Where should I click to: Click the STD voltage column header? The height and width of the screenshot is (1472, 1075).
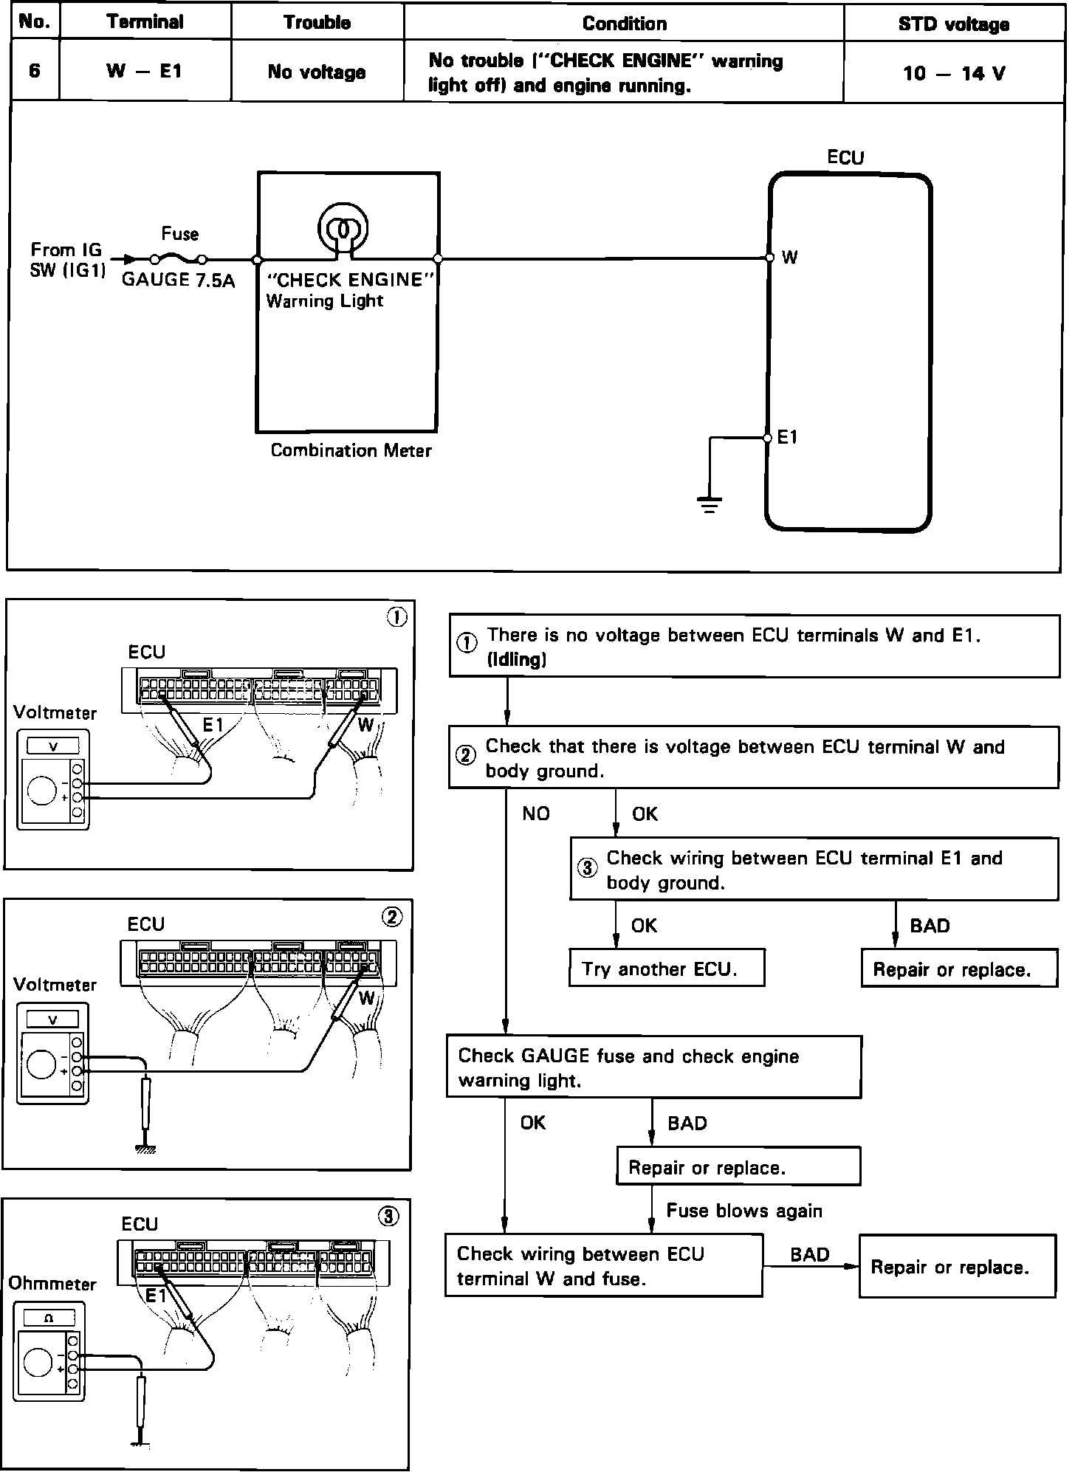(953, 24)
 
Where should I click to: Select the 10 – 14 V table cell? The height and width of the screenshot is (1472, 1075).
(953, 73)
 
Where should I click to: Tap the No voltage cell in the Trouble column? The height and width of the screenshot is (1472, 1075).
(317, 72)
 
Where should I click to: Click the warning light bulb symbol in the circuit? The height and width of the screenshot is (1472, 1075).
(343, 229)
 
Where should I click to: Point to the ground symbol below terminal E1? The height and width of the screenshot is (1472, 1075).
(709, 505)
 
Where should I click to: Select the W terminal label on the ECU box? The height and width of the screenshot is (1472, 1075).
(789, 258)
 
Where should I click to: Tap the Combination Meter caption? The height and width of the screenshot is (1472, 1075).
(351, 450)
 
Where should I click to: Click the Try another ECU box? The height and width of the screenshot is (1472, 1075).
(666, 969)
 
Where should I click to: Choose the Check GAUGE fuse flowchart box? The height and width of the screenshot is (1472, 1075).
(653, 1067)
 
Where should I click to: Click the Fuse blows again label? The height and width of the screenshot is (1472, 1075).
(743, 1210)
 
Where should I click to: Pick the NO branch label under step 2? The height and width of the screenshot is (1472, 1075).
(536, 814)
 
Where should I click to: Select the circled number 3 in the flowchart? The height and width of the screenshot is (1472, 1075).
(587, 867)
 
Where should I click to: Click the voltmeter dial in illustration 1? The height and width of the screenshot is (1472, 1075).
(41, 791)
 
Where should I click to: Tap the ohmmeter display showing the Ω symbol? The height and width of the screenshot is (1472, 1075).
(49, 1318)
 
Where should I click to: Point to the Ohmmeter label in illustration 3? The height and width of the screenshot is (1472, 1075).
(52, 1284)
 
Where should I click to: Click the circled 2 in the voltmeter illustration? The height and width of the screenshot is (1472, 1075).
(392, 917)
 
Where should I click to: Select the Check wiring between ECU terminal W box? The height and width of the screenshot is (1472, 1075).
(603, 1266)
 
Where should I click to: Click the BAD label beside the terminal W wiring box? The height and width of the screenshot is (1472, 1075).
(809, 1254)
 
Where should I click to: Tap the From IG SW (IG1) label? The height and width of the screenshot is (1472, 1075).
(66, 260)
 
